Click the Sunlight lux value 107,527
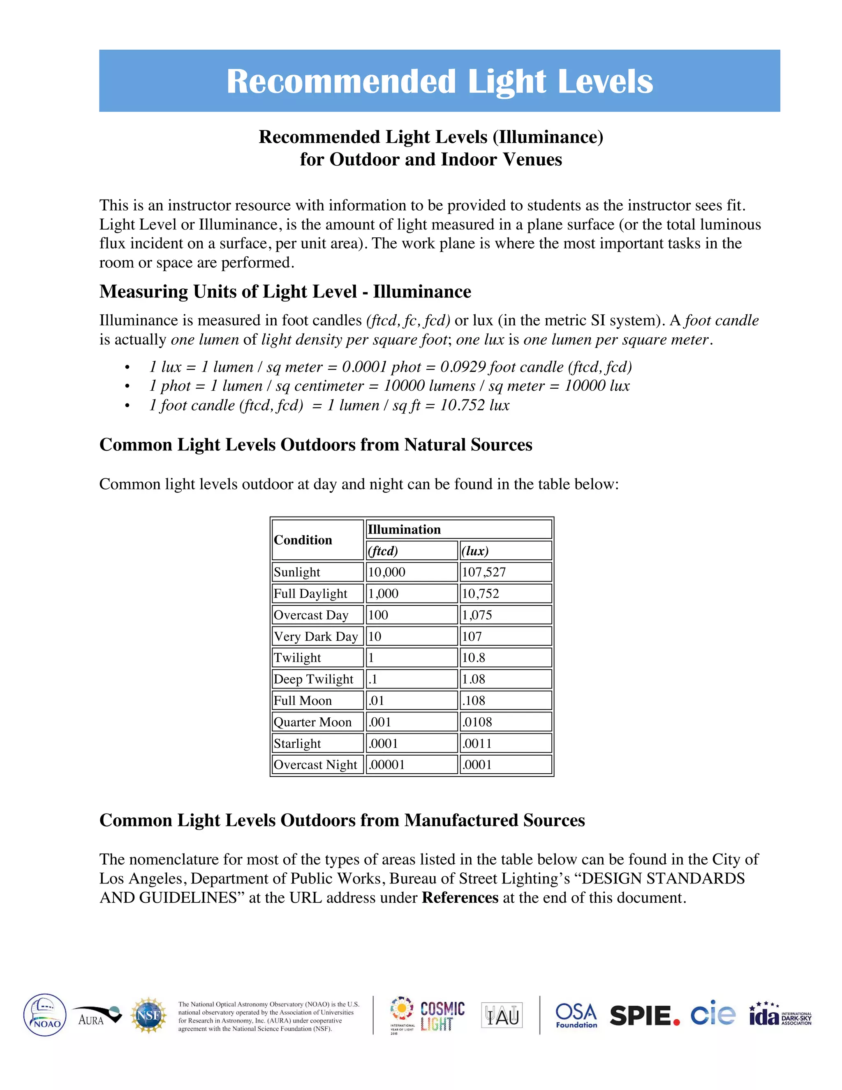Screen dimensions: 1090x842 tap(483, 572)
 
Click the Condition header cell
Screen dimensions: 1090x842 tap(303, 540)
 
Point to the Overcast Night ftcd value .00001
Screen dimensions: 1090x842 tap(386, 765)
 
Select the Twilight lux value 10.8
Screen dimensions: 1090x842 tap(473, 657)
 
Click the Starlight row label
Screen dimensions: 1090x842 tap(297, 743)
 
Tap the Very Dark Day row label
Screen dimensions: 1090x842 tap(316, 636)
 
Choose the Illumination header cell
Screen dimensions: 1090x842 tap(404, 529)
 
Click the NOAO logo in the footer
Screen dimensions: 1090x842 tap(45, 1015)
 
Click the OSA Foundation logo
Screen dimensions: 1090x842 tap(576, 1015)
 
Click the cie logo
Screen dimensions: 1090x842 tap(713, 1013)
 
